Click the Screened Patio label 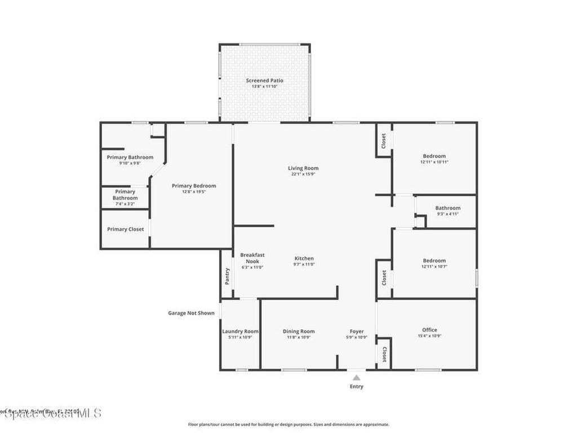point(264,81)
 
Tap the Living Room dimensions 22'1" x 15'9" point(303,174)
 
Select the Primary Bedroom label point(194,186)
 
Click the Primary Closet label point(125,229)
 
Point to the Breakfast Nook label point(252,258)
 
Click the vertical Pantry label point(227,276)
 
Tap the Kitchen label point(303,258)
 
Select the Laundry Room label point(240,332)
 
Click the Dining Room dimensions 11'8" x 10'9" point(299,337)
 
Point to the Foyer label point(357,332)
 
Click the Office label point(429,330)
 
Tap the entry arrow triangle point(356,377)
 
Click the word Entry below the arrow point(356,387)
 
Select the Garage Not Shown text point(191,313)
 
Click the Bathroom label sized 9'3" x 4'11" point(447,208)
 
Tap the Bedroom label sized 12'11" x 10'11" point(434,156)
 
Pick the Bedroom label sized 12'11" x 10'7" point(434,260)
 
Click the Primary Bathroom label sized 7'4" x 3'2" point(125,195)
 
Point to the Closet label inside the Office point(384,354)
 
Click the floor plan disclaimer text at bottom point(288,425)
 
